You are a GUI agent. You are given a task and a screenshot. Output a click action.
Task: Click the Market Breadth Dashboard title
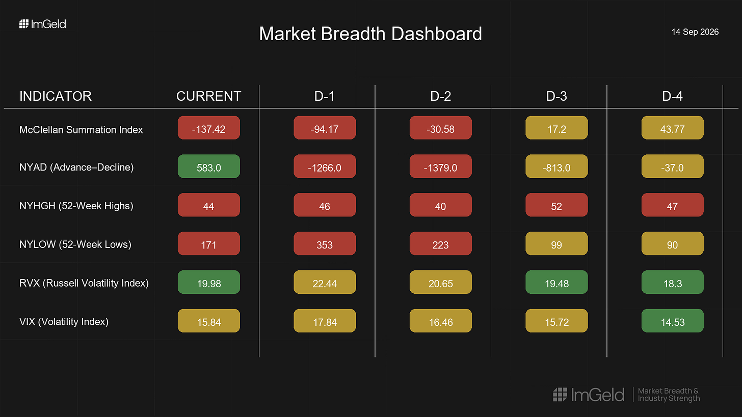370,34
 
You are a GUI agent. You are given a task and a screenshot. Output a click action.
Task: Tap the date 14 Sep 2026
695,32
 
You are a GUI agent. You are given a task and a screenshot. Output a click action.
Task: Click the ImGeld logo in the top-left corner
43,24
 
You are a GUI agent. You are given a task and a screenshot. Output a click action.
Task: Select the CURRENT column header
209,96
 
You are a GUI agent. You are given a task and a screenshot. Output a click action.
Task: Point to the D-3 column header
556,96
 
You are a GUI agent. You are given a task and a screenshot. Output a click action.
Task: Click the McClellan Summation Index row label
81,129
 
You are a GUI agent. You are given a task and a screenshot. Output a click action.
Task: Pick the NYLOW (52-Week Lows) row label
75,244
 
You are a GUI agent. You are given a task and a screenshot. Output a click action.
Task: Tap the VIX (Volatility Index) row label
64,321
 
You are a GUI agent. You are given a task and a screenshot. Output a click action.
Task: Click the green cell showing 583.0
209,166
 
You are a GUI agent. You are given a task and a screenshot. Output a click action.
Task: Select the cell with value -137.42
209,127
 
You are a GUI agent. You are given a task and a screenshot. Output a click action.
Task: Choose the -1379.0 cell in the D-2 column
440,166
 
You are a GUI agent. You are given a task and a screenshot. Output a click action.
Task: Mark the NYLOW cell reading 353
325,243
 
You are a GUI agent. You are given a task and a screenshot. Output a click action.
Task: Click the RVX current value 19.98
209,282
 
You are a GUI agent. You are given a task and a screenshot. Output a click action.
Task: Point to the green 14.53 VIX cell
673,321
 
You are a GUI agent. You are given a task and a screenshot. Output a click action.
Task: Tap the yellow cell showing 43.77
673,127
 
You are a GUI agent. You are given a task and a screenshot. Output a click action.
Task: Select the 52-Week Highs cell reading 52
556,205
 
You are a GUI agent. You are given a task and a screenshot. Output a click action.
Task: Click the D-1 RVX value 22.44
325,282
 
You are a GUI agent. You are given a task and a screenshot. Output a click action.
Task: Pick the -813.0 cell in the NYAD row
556,166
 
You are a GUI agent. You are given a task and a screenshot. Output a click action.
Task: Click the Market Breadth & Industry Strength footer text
669,395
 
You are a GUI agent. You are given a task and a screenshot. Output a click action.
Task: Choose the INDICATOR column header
56,96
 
